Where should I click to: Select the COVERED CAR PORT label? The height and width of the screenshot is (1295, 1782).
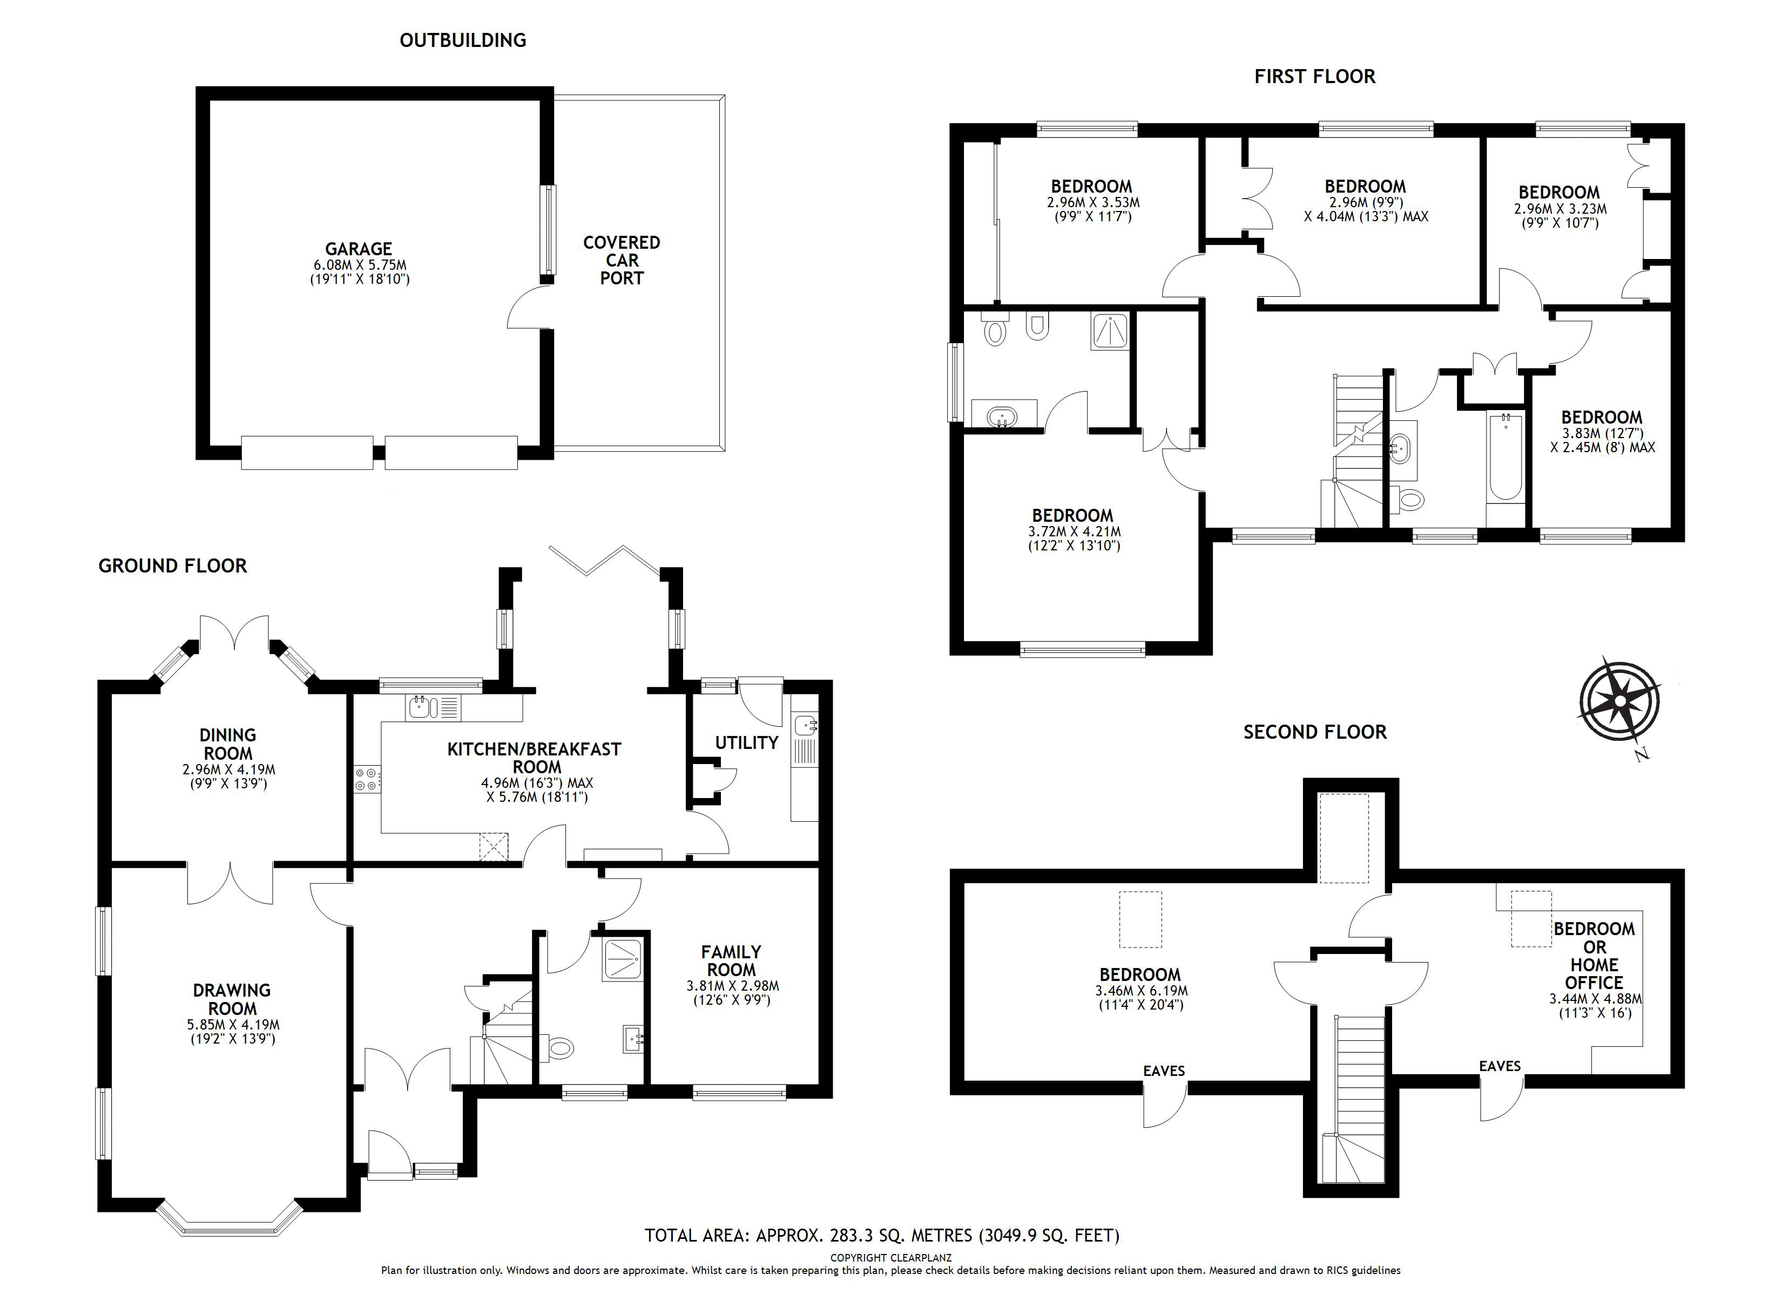(x=622, y=260)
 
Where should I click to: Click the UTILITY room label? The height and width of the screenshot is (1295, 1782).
(x=746, y=742)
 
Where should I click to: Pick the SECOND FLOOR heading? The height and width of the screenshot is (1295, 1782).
(x=1314, y=732)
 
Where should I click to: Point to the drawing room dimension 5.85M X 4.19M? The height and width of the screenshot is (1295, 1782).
(x=233, y=1025)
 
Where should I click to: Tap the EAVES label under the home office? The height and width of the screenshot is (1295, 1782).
(x=1500, y=1066)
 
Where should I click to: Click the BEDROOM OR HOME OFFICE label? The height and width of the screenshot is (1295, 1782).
(x=1594, y=955)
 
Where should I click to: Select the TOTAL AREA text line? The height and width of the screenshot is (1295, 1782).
(x=882, y=1235)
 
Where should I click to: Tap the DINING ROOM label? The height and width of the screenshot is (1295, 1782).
(x=228, y=744)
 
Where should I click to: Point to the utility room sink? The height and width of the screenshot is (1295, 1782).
(x=805, y=724)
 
